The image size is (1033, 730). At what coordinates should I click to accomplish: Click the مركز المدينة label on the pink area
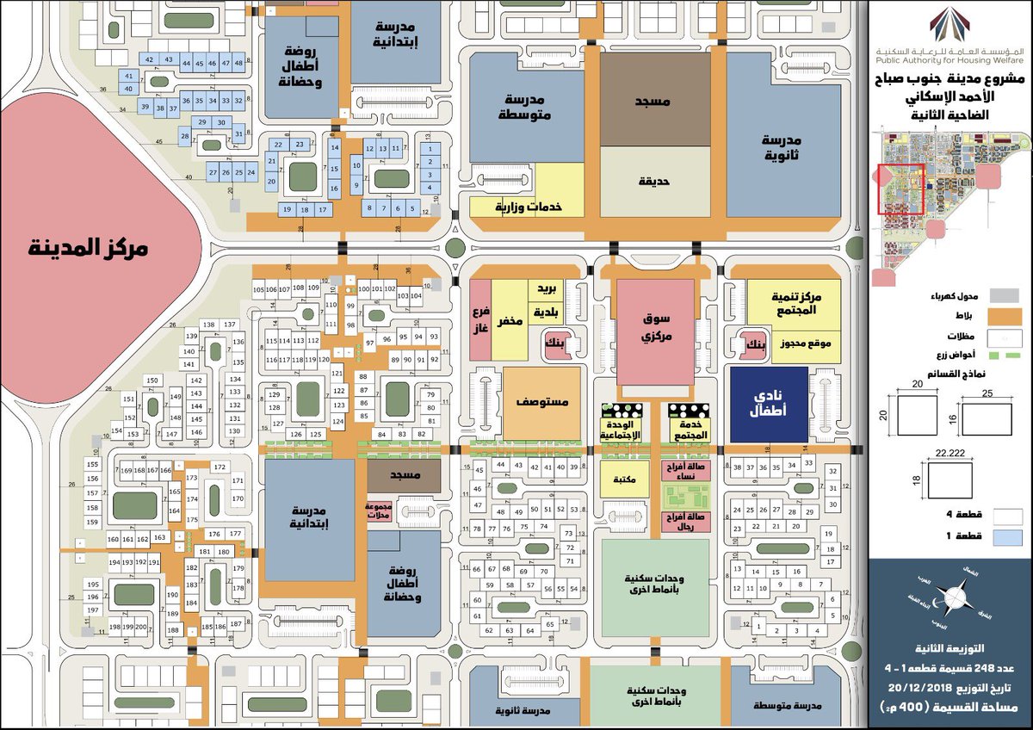90,248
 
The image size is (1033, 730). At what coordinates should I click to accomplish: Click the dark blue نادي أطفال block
769,405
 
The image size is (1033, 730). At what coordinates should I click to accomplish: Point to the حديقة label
654,182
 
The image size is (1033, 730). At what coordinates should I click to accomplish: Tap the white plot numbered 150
152,380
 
